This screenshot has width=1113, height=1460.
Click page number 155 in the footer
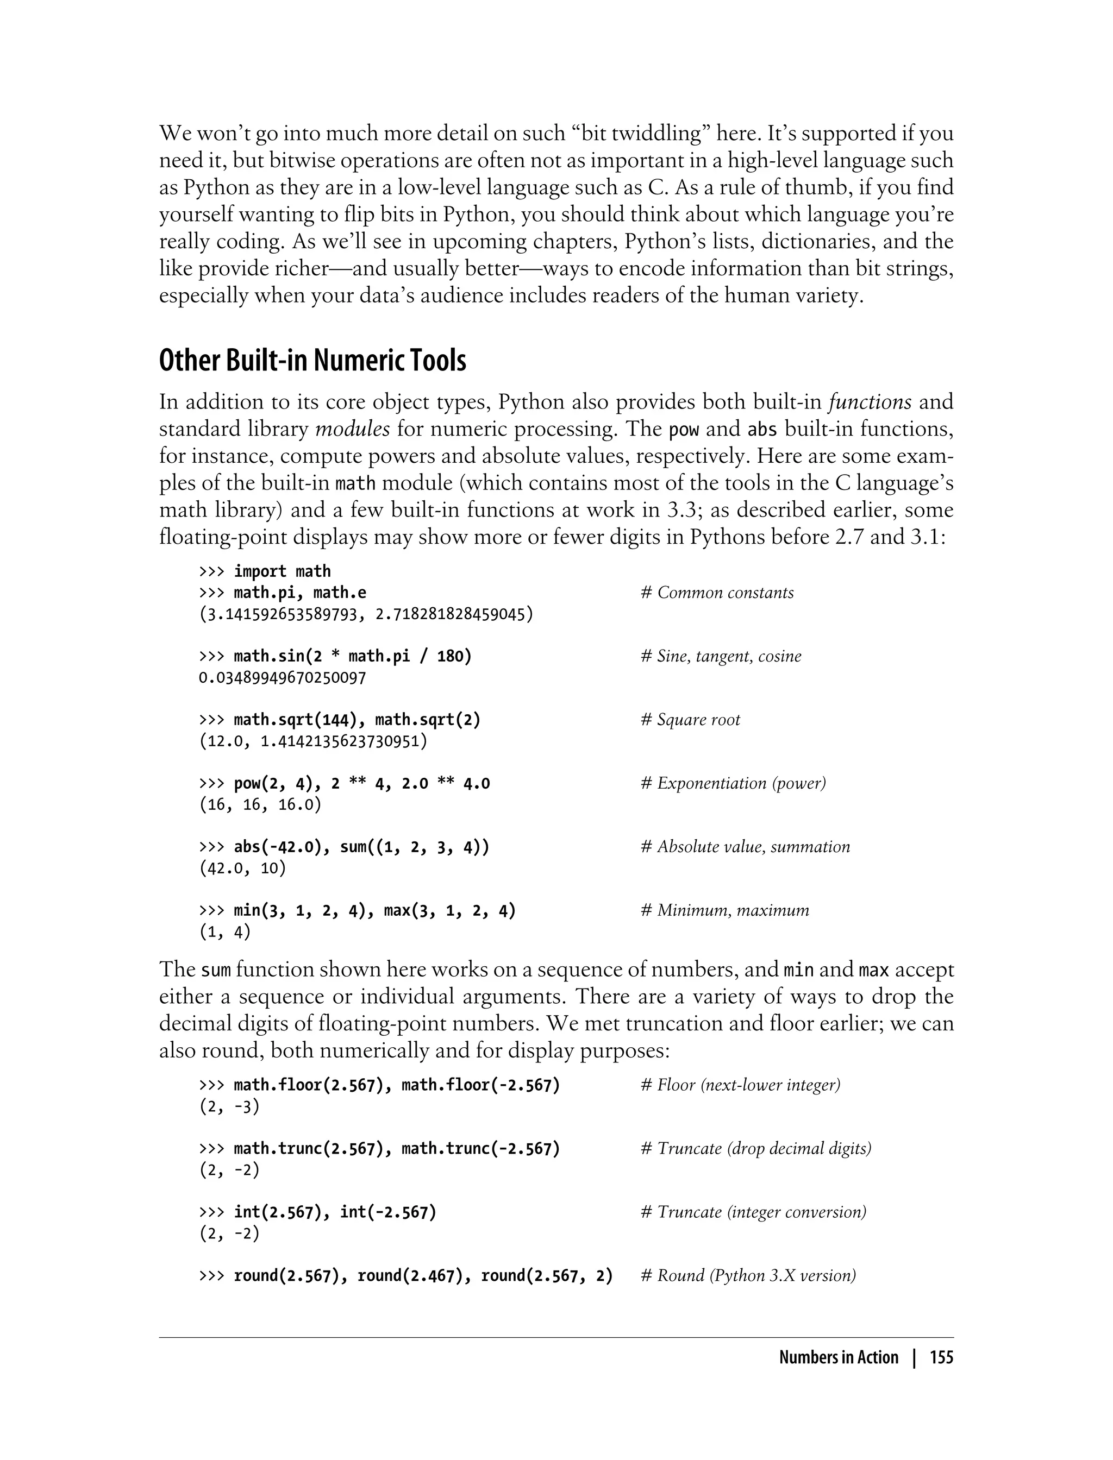[x=941, y=1358]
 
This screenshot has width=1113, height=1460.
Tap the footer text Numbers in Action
[x=838, y=1358]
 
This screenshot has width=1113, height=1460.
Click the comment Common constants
[x=717, y=593]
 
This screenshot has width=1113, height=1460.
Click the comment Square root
[x=691, y=720]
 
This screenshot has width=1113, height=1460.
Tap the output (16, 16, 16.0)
[x=260, y=805]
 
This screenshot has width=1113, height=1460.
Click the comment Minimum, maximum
[x=726, y=910]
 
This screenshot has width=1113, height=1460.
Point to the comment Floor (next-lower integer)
[x=741, y=1085]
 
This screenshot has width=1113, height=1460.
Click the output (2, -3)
[x=229, y=1107]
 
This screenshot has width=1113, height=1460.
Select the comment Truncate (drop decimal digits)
[x=756, y=1149]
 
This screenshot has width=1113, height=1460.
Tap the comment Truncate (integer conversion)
[x=754, y=1212]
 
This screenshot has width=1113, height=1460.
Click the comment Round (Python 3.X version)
[x=749, y=1276]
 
